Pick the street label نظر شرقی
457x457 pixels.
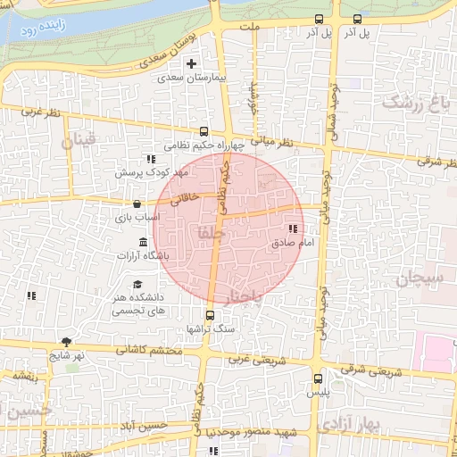[436, 162]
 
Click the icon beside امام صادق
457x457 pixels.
[294, 230]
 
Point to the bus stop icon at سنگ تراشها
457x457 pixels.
[211, 314]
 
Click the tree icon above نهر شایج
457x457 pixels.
[67, 342]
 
